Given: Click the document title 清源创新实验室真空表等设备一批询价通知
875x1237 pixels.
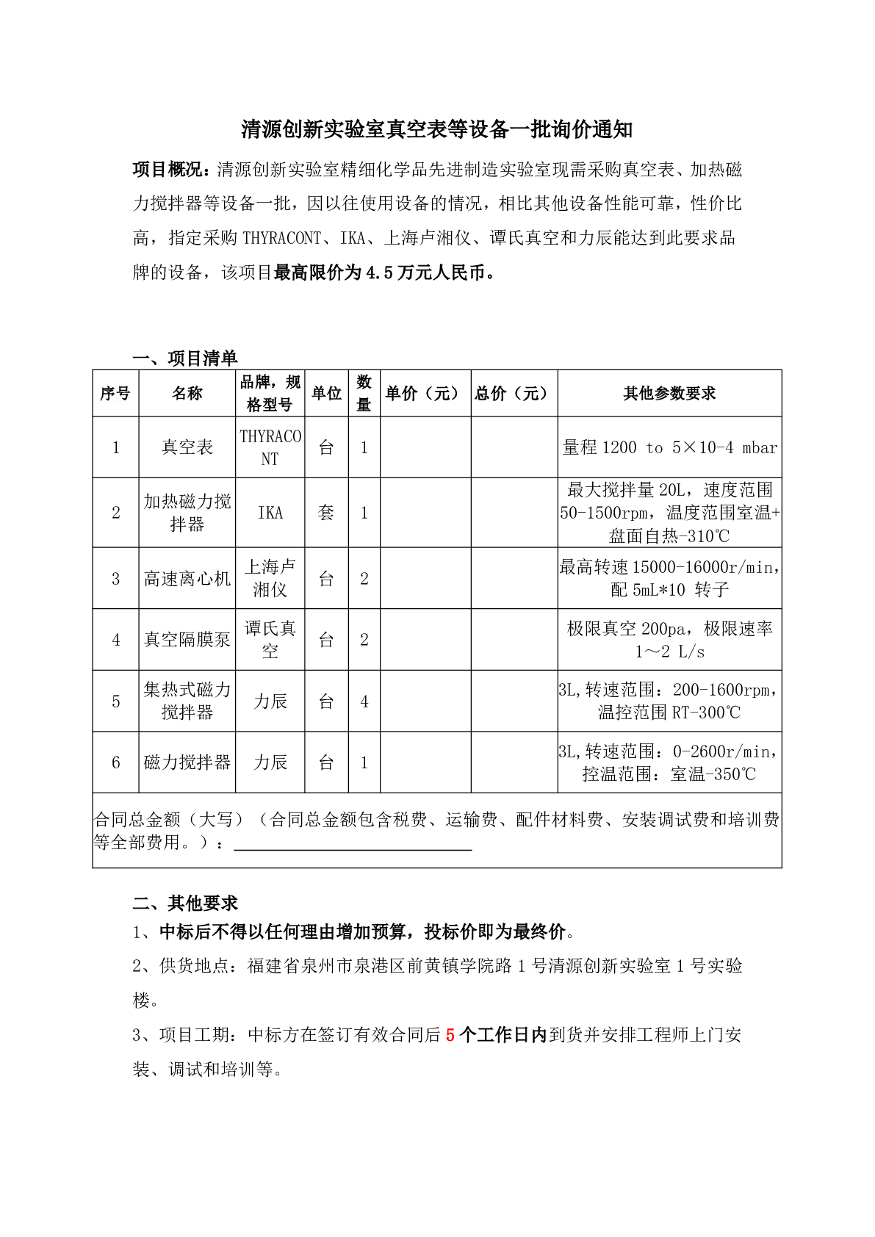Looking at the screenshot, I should pos(437,130).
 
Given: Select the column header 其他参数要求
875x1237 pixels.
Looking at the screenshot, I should pos(669,394).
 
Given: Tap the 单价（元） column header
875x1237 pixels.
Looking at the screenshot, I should pos(425,394).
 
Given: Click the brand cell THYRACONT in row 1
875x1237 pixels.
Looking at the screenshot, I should pos(270,447).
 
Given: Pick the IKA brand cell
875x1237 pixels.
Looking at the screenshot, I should pos(270,513).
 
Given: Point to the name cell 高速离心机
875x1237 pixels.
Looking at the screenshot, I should pos(187,579).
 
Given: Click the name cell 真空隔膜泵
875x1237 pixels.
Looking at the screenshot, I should pos(187,640).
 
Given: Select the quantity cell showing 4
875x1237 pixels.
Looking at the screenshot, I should pos(364,702).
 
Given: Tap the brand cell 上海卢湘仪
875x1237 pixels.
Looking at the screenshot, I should pos(270,578).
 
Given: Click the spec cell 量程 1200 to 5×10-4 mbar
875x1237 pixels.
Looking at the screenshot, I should pos(669,447).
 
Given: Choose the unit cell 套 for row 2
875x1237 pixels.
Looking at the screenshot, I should pos(326,513).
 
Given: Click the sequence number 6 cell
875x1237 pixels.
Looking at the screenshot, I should pos(115,762).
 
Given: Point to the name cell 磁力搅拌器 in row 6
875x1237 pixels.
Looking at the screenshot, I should pos(187,762).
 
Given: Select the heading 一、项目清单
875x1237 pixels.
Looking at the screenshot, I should pos(185,358).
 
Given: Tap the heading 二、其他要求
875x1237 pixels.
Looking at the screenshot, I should pos(185,903).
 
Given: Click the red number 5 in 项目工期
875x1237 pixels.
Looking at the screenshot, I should pos(450,1035).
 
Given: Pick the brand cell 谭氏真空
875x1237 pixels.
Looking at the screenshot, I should pos(270,640).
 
